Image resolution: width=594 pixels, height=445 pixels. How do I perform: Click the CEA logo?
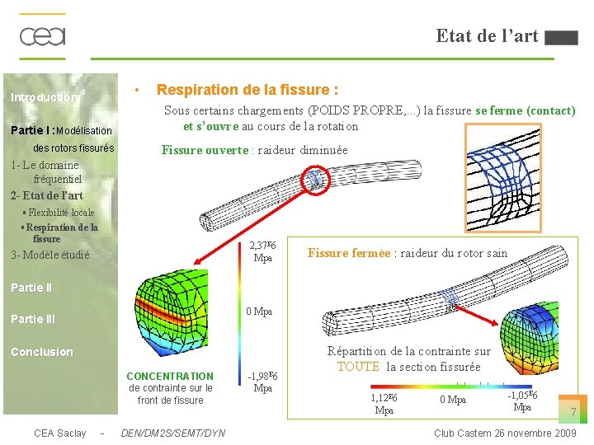pos(42,36)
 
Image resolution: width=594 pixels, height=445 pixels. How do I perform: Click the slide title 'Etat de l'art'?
pos(487,35)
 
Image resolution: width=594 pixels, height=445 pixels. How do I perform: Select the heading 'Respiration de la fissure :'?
pos(247,89)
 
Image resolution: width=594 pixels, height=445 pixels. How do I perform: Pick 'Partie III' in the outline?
pos(33,319)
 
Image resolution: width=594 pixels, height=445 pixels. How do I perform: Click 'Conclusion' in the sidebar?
pos(41,352)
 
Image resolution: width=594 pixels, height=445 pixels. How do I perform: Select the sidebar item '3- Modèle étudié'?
pos(49,255)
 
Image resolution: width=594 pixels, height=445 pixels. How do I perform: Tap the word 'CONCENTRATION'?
pos(170,376)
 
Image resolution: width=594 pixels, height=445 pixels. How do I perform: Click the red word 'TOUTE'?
pos(358,367)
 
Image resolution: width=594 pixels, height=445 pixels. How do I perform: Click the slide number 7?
pos(573,411)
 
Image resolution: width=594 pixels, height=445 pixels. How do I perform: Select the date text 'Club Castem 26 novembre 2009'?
pos(505,433)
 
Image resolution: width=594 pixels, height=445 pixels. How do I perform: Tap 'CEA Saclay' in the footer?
pos(59,433)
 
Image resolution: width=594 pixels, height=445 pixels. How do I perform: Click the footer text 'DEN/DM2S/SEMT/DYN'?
pos(172,433)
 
